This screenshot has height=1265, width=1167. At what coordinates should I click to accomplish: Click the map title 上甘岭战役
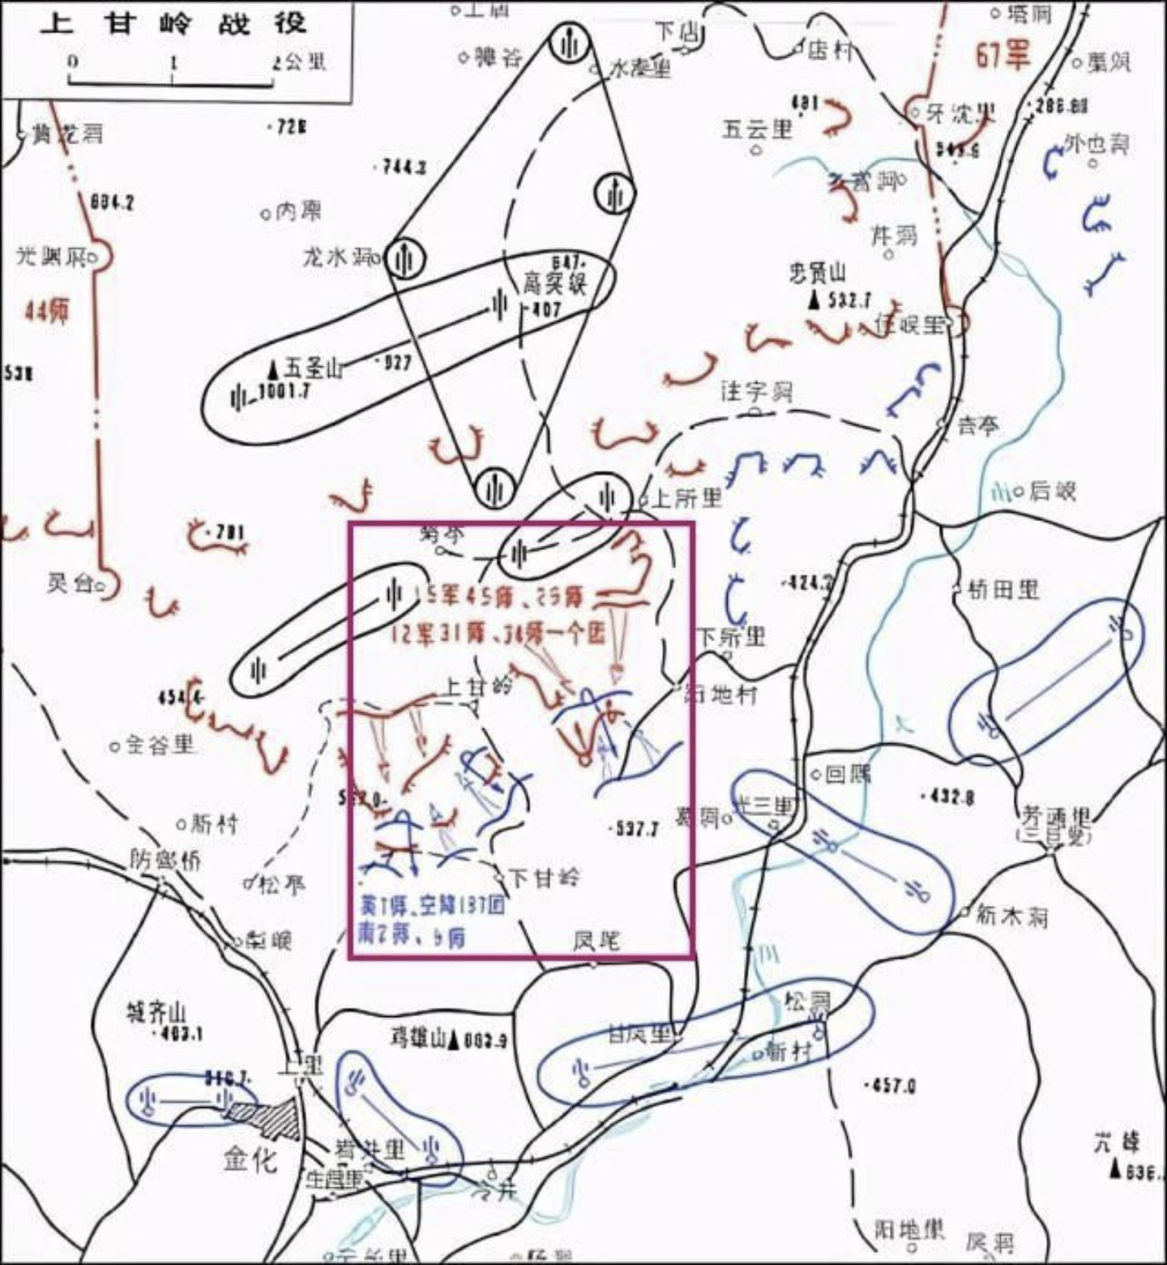(x=173, y=22)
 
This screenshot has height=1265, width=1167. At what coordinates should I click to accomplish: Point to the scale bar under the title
(x=172, y=79)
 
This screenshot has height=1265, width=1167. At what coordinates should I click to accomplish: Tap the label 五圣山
(x=313, y=369)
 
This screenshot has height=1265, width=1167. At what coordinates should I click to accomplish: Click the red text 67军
(x=1002, y=55)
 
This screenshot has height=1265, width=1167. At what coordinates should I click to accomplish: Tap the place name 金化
(x=250, y=1160)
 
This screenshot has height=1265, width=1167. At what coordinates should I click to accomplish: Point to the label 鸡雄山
(x=416, y=1038)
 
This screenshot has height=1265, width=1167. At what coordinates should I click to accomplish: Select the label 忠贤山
(x=817, y=273)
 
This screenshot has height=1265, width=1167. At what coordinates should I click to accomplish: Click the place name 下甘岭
(x=545, y=877)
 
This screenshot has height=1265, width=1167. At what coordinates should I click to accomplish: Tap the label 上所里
(x=686, y=498)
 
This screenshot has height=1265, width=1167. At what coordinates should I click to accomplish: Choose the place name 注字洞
(x=756, y=392)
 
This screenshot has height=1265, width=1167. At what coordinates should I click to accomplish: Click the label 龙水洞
(x=336, y=257)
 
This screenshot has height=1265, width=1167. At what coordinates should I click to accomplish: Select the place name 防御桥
(x=165, y=859)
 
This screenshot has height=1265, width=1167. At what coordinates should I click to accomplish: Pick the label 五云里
(x=757, y=129)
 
